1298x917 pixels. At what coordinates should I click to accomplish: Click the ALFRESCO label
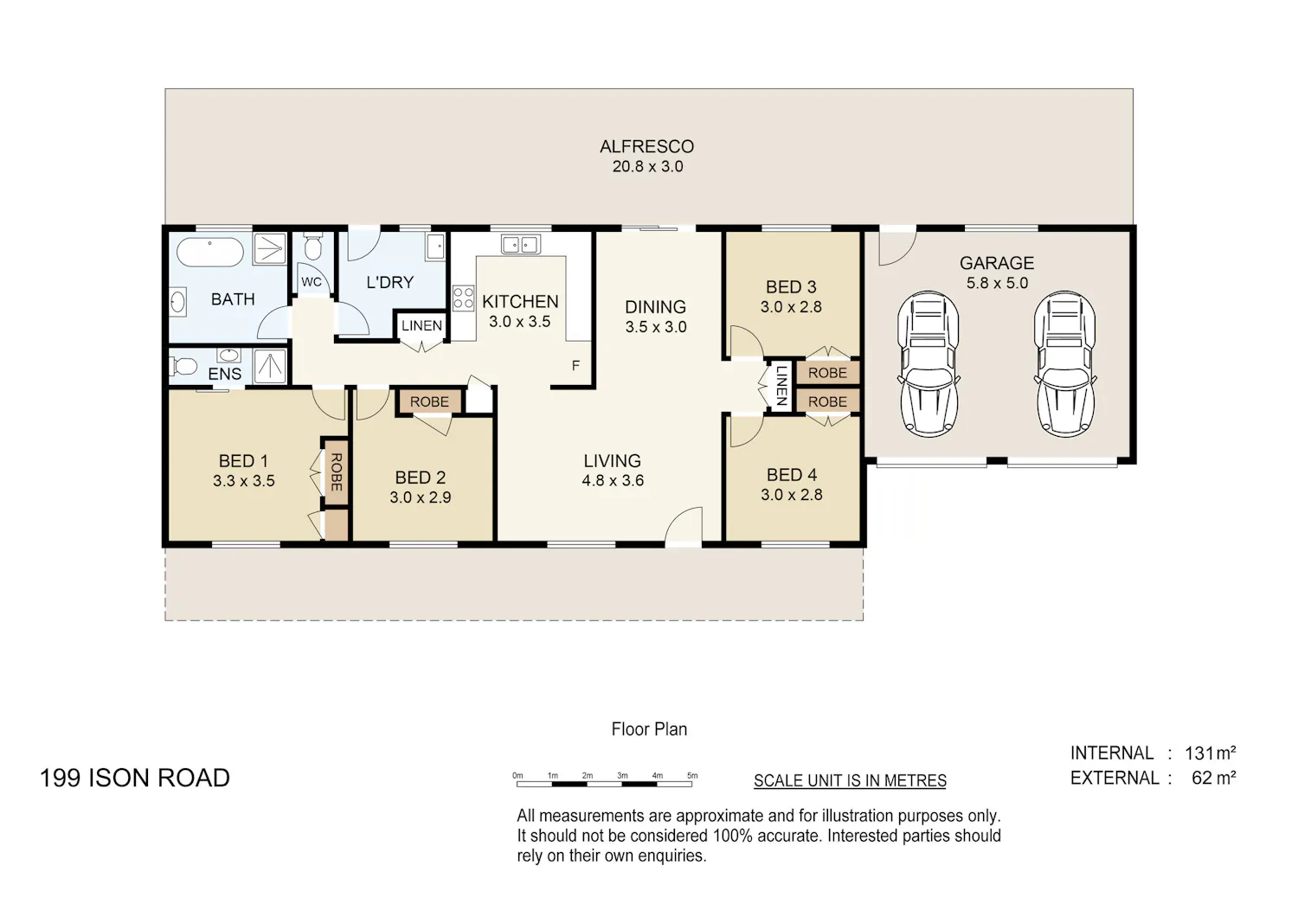click(x=646, y=146)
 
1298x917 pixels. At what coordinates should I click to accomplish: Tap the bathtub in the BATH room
click(x=209, y=252)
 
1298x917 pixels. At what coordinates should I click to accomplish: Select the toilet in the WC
click(x=312, y=247)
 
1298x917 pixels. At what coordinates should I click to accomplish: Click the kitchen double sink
click(x=521, y=244)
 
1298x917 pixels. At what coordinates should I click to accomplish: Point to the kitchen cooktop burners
click(x=464, y=298)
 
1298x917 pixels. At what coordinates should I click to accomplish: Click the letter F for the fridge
click(x=575, y=366)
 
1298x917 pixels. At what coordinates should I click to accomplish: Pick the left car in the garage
click(x=929, y=364)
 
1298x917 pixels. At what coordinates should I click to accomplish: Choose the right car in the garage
click(x=1065, y=364)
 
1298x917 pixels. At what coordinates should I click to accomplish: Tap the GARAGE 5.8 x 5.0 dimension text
click(x=997, y=283)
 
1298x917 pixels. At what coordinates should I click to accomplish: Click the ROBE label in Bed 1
click(x=336, y=472)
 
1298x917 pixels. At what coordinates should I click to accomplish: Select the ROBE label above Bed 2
click(x=429, y=401)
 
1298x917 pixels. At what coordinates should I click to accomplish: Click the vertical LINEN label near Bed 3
click(x=781, y=386)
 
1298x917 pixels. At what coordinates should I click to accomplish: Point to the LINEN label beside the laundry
click(x=422, y=325)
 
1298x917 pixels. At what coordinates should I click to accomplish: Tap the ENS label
click(x=225, y=375)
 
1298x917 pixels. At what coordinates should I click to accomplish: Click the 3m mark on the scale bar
click(x=622, y=776)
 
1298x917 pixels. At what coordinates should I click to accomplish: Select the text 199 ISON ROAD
click(x=134, y=778)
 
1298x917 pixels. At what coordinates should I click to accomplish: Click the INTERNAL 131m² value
click(x=1210, y=753)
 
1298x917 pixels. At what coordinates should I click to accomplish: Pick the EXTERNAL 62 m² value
click(x=1213, y=778)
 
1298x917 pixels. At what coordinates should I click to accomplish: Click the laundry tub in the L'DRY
click(x=435, y=247)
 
